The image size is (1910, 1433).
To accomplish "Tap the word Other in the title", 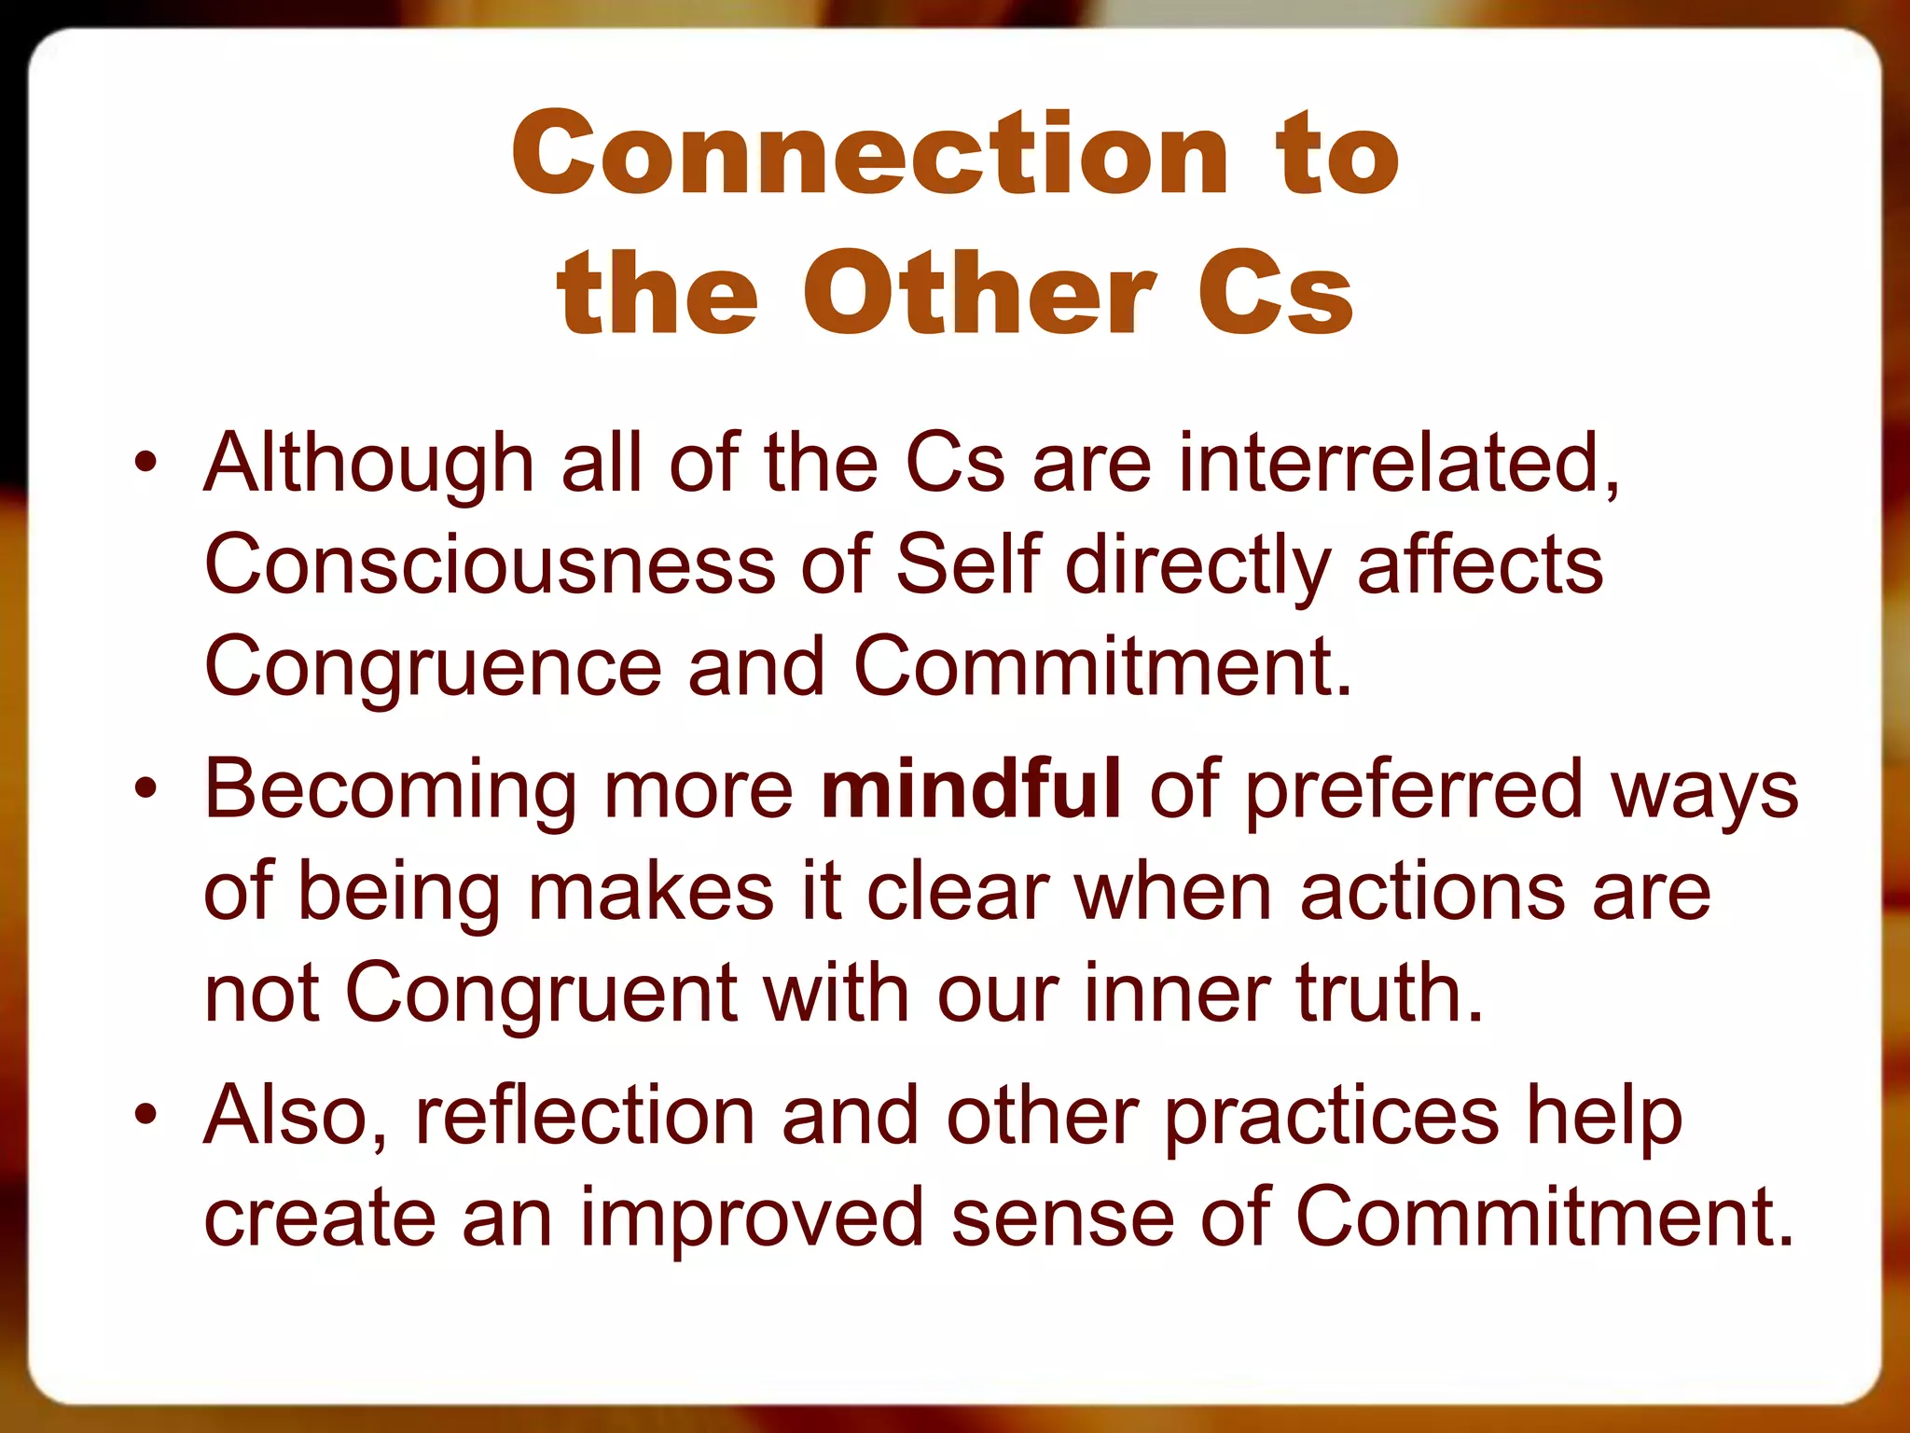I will pyautogui.click(x=979, y=294).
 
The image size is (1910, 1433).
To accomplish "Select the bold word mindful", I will pyautogui.click(x=970, y=789).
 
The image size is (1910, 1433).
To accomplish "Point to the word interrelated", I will pyautogui.click(x=1399, y=464).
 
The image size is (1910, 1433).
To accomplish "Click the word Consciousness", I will pyautogui.click(x=490, y=565).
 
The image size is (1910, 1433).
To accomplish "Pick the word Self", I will pyautogui.click(x=967, y=565).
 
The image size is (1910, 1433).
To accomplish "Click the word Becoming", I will pyautogui.click(x=390, y=789).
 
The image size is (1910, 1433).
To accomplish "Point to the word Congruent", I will pyautogui.click(x=541, y=993).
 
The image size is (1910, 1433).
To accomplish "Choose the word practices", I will pyautogui.click(x=1332, y=1117).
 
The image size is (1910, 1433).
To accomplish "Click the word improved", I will pyautogui.click(x=752, y=1218).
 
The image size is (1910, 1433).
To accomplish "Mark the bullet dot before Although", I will pyautogui.click(x=145, y=464).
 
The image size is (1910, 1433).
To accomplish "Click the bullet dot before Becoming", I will pyautogui.click(x=145, y=789).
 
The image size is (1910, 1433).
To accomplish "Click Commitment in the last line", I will pyautogui.click(x=1543, y=1217).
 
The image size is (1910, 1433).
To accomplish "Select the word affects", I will pyautogui.click(x=1480, y=565).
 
